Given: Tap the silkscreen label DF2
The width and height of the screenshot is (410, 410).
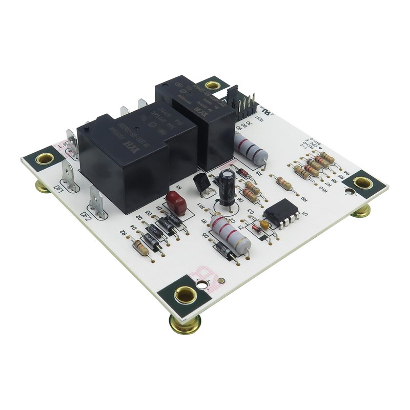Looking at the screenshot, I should point(86,214).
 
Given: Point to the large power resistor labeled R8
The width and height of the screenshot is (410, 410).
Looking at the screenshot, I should point(251,149).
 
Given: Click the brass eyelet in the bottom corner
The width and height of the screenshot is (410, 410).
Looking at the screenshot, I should point(185,295).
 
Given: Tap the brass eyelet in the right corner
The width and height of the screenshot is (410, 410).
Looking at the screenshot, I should point(363,182).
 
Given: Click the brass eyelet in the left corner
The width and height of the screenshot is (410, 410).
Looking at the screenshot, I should point(45,158).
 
